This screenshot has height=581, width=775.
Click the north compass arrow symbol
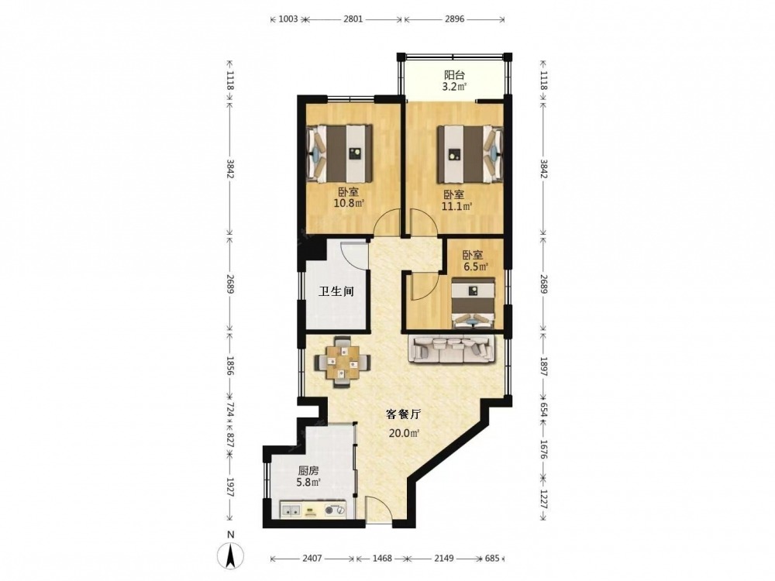[230, 555]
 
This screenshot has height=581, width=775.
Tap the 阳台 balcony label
[454, 76]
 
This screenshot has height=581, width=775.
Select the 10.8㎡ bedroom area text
[349, 202]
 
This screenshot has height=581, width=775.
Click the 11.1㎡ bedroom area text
[456, 207]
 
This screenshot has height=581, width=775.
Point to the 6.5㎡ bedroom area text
[476, 266]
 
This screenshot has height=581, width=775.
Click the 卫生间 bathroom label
[336, 291]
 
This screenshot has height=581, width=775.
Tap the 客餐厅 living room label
[403, 414]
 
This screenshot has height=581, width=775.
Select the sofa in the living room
[451, 349]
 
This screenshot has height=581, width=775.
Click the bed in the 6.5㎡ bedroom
[473, 303]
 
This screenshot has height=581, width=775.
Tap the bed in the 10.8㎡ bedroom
[339, 153]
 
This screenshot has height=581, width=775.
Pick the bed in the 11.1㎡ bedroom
[469, 153]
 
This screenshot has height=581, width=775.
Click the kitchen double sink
[291, 511]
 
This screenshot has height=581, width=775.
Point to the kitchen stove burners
[336, 511]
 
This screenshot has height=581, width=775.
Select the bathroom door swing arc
[356, 253]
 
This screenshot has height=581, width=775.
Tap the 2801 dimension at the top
[353, 19]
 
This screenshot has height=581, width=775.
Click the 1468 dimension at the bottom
[382, 559]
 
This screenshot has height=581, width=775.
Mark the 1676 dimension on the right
[543, 450]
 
